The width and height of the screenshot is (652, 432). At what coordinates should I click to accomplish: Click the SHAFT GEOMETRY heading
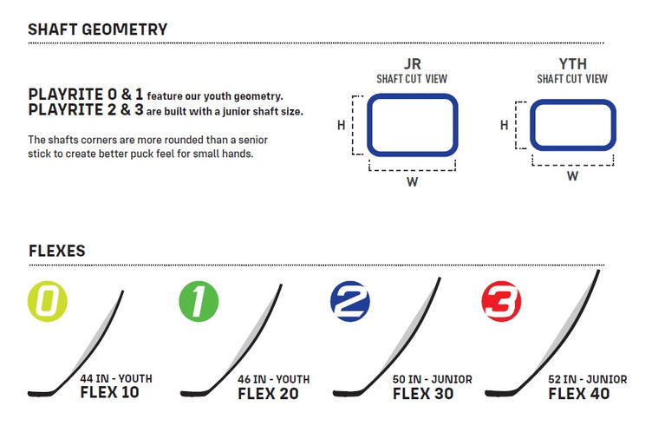(98, 29)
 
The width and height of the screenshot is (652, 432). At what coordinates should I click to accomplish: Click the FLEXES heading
(57, 251)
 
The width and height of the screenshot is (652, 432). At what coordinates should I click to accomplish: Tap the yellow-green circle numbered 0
(48, 301)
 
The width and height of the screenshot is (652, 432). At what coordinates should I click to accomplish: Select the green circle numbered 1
(199, 301)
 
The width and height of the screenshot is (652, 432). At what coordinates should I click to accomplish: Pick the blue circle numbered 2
(350, 301)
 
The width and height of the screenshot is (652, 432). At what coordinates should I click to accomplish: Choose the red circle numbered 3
(501, 301)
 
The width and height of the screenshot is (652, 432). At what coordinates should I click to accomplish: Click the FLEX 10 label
(110, 392)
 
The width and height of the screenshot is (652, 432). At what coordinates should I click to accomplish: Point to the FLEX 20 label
(268, 394)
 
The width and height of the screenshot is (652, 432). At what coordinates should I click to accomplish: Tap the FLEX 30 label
(423, 394)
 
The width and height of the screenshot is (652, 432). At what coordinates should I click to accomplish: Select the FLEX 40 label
(579, 394)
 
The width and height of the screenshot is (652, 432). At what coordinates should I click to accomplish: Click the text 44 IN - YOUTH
(116, 379)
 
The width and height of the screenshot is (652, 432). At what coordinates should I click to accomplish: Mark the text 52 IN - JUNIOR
(588, 380)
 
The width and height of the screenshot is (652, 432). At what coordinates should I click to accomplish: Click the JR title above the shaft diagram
(413, 64)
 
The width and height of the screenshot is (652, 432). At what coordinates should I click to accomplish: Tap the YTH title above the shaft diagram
(573, 64)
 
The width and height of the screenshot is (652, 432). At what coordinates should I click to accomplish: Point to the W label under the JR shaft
(413, 182)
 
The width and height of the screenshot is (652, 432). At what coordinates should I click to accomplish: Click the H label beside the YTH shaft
(505, 125)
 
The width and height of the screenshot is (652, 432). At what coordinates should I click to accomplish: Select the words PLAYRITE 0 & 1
(86, 95)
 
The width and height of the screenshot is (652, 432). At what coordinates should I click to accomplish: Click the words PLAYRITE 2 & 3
(86, 110)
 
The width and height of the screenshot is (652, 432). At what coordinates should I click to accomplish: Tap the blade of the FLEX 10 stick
(42, 393)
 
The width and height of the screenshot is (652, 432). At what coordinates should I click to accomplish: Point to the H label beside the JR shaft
(342, 125)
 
